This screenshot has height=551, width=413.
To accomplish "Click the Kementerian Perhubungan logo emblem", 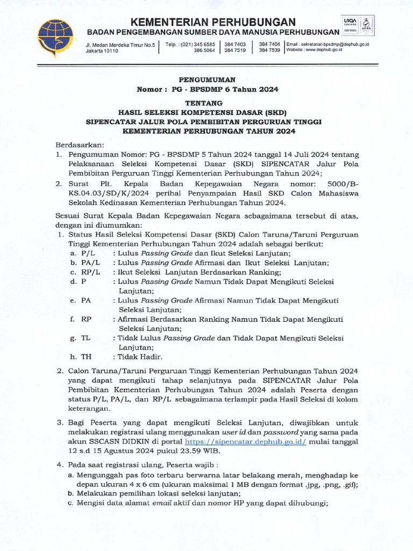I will tap(55, 38).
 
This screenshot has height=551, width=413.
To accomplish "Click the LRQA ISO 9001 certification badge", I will tap(358, 25).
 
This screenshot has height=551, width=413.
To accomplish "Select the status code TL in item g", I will tap(86, 338).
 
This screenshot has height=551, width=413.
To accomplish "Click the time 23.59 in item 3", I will tap(210, 451).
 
